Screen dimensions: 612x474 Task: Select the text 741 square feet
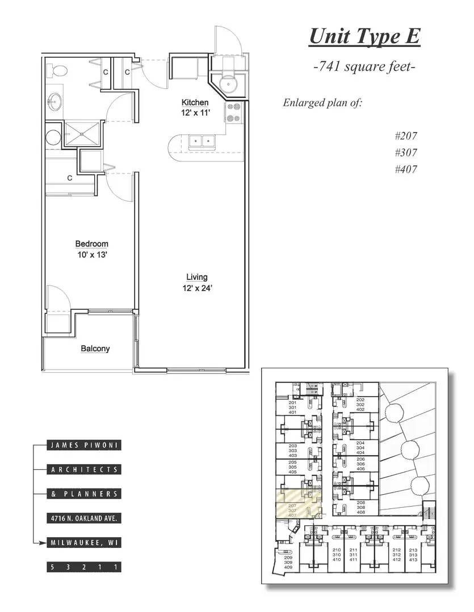(364, 67)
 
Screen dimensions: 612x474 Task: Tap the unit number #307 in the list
(405, 152)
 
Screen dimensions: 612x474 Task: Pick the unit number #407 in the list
(405, 169)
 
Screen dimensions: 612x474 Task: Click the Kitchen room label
(195, 103)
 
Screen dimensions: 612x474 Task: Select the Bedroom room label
(91, 244)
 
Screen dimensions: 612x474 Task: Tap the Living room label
(197, 277)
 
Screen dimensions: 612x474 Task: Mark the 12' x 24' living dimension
(197, 288)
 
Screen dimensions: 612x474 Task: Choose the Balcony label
(95, 348)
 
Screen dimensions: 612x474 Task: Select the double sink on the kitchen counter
(201, 140)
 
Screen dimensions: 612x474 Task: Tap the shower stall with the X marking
(83, 133)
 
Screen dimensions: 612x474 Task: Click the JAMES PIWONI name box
(84, 445)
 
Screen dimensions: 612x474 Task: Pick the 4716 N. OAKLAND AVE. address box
(84, 518)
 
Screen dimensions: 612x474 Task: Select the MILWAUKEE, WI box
(84, 542)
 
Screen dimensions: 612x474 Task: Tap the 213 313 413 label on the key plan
(413, 555)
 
